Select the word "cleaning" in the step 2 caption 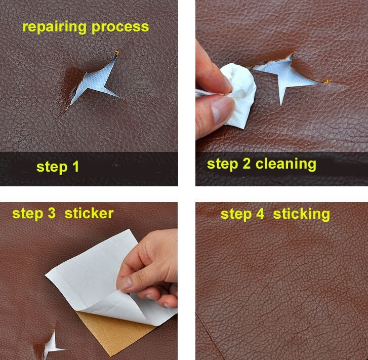pos(286,164)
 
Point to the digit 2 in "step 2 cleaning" pos(247,163)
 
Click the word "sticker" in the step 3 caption pos(89,214)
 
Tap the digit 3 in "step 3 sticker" pos(52,214)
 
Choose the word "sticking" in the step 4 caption pos(302,214)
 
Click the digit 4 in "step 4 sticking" pos(260,214)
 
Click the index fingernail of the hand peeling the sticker pos(126,284)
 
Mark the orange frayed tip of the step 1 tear pos(117,52)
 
